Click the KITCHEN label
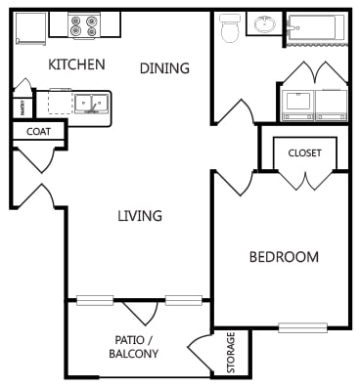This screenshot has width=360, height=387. [x=76, y=64]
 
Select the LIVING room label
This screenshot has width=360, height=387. [x=140, y=216]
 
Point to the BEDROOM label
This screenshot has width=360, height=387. [x=284, y=257]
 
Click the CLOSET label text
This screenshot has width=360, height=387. [x=305, y=151]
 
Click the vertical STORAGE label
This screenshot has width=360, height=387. [x=232, y=354]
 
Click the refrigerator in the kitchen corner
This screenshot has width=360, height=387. [x=29, y=27]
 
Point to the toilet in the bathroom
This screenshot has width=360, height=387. [x=231, y=28]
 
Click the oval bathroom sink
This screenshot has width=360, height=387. [x=264, y=24]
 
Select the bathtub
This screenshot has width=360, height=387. [x=315, y=27]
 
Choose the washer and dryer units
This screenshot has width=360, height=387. [x=313, y=103]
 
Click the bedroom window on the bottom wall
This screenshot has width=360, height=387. [x=302, y=327]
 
